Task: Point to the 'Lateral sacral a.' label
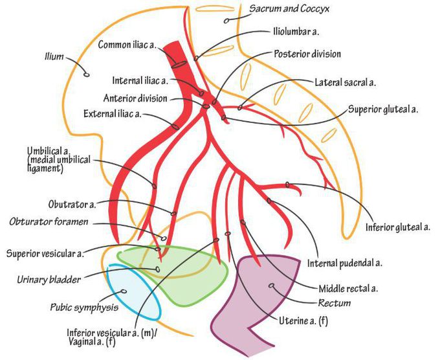346,83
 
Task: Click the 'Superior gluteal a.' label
382,109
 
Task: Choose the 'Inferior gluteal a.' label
399,227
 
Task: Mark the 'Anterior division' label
135,98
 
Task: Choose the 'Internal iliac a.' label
139,80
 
